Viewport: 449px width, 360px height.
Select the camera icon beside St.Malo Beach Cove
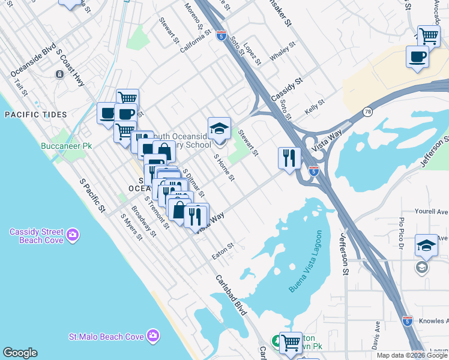pos(154,335)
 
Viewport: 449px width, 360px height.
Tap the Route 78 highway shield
pos(367,112)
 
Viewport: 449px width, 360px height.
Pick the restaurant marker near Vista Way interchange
pos(289,158)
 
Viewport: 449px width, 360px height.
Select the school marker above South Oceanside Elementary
pos(220,128)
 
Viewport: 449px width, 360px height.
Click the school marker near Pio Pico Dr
pos(426,245)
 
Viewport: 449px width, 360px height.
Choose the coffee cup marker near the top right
pos(417,58)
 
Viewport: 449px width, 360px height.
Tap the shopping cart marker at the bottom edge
pos(291,343)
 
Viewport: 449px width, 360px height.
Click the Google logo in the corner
pos(20,353)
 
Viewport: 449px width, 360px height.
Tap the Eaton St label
pos(222,251)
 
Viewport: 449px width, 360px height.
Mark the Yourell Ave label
pos(432,212)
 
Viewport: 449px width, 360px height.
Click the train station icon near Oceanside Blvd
pos(59,74)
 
